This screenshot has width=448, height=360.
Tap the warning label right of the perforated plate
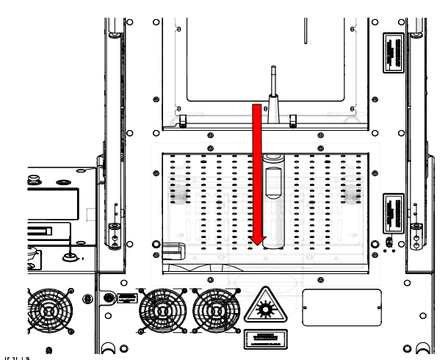tap(394, 212)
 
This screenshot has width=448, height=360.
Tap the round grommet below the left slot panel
tap(72, 256)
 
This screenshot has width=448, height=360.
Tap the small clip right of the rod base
tap(292, 118)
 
